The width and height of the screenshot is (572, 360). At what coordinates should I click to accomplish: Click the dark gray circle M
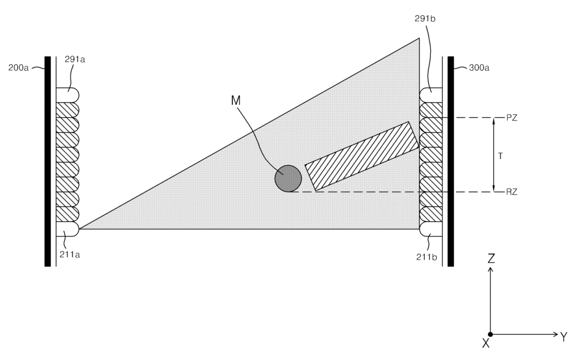[288, 179]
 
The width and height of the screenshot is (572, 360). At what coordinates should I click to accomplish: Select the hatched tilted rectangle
[362, 156]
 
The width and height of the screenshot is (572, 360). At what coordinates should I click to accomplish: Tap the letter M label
[236, 100]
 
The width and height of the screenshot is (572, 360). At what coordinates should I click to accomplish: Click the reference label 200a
[18, 68]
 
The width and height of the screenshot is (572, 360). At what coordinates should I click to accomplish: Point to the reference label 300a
[479, 68]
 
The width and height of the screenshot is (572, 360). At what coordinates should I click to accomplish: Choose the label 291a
[75, 59]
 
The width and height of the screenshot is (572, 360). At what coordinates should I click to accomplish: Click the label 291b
[425, 18]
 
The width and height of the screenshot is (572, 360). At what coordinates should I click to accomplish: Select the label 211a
[70, 255]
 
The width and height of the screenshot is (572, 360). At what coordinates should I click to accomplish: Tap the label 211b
[426, 257]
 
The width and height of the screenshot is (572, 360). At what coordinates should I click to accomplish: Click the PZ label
[512, 118]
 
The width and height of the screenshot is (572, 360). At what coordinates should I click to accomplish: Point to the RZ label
[512, 192]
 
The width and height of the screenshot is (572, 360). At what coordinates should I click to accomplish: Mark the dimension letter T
[500, 156]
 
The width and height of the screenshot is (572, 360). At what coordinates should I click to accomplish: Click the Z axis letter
[491, 258]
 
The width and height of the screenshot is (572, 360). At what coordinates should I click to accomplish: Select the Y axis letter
[564, 337]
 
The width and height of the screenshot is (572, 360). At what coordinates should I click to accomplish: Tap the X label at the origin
[485, 343]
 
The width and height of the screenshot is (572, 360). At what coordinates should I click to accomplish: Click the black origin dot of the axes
[490, 334]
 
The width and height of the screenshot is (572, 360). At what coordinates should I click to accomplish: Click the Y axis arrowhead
[556, 334]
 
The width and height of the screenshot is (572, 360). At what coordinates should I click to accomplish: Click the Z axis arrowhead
[490, 270]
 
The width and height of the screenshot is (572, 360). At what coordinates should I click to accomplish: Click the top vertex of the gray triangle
[419, 39]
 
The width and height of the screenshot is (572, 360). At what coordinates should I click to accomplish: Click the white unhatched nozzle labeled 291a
[68, 95]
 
